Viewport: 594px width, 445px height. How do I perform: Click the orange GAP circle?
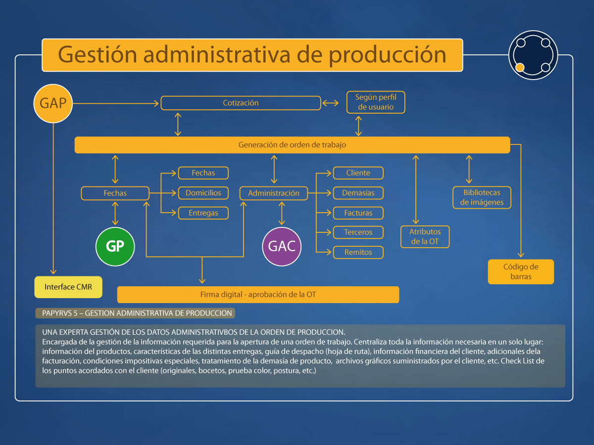[x=53, y=103]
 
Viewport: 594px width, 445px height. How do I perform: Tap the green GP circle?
[x=115, y=246]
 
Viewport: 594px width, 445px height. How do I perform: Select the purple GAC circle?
[x=282, y=246]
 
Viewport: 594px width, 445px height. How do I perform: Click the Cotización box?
[x=241, y=103]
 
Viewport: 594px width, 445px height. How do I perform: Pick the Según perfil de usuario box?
[x=376, y=102]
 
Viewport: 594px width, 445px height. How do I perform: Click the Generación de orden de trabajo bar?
[x=292, y=145]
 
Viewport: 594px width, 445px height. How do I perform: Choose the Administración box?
[x=274, y=193]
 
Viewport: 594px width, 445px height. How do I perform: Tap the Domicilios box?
[x=203, y=193]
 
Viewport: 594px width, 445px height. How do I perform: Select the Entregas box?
[x=203, y=213]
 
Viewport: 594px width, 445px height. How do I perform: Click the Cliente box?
[x=358, y=173]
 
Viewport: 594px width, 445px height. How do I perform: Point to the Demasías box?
[x=358, y=193]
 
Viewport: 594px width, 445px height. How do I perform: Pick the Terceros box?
[x=358, y=232]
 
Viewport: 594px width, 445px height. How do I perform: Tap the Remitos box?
[x=358, y=252]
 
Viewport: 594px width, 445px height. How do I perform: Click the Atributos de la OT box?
[x=425, y=237]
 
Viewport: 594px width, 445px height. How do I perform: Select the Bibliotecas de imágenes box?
[x=482, y=197]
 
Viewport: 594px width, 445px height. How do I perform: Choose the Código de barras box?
[x=521, y=272]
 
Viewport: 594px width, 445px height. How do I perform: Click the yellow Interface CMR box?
[x=68, y=287]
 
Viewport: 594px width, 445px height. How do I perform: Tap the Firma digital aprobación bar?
[x=258, y=295]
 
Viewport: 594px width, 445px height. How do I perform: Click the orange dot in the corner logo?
[x=520, y=67]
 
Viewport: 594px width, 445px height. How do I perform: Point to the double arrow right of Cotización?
[x=331, y=103]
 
